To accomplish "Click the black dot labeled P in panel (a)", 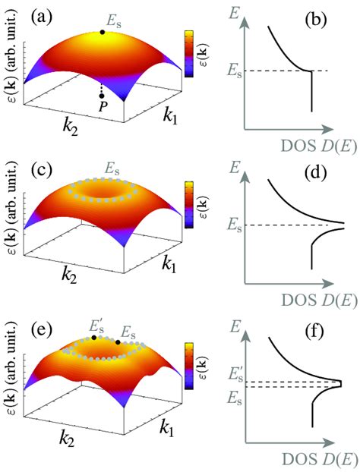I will coord(102,96).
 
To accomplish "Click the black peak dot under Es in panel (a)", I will coord(102,32).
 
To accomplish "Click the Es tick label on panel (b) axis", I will coord(235,71).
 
